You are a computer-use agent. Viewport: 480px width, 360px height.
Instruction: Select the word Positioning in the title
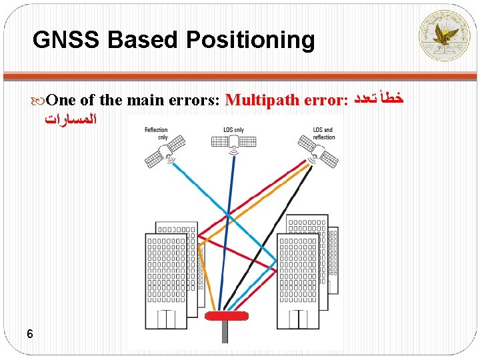[x=250, y=41]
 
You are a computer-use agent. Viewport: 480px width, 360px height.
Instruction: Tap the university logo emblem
[x=443, y=35]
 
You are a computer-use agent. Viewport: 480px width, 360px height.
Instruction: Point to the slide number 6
[x=30, y=333]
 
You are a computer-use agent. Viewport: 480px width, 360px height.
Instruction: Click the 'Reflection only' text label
[x=157, y=133]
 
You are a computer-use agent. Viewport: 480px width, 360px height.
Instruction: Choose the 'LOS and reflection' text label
[x=323, y=133]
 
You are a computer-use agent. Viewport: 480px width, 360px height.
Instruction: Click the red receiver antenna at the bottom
[x=227, y=315]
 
